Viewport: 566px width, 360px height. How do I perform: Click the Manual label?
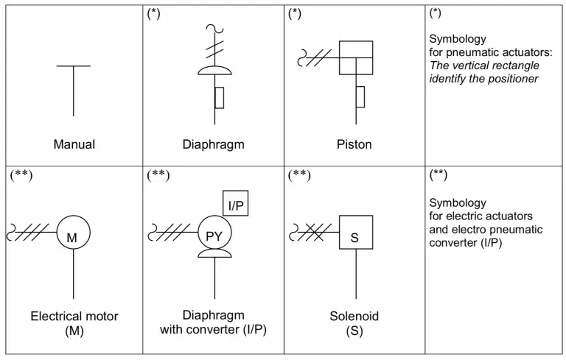point(74,144)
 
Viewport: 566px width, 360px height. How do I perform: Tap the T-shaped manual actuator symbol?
point(74,89)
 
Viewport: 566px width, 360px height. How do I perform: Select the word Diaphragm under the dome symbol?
point(214,144)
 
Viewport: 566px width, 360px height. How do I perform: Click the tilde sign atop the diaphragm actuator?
point(214,29)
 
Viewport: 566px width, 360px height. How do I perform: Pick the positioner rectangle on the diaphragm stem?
point(220,97)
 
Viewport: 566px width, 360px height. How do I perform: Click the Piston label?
point(354,144)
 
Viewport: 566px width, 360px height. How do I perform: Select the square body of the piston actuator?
point(357,57)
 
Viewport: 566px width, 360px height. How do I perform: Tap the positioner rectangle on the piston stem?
point(360,96)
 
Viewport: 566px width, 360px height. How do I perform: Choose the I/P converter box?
point(236,202)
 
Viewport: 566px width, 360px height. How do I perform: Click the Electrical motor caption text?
point(74,317)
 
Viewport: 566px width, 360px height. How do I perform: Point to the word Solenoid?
point(354,317)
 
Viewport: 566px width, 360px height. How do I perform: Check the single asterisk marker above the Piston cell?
point(295,13)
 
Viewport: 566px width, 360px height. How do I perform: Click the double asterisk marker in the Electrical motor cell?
point(21,175)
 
